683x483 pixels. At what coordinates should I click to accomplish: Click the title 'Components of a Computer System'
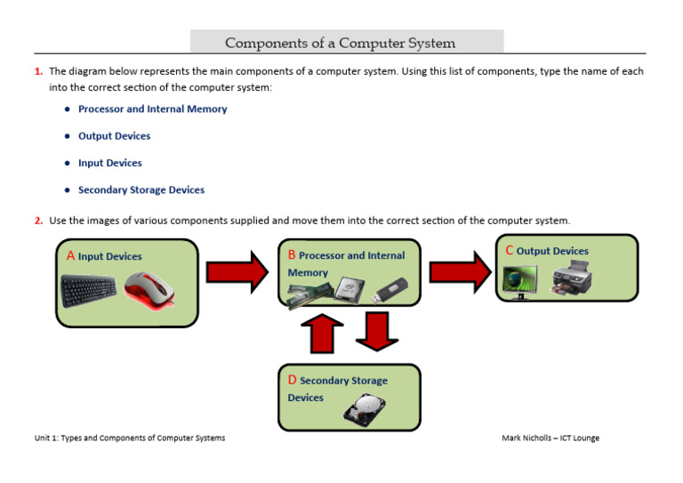coord(341,43)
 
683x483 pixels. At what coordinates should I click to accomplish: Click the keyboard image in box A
coord(88,290)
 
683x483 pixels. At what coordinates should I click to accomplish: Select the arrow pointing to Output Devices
coord(458,271)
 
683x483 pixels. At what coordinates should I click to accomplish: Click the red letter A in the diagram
coord(70,255)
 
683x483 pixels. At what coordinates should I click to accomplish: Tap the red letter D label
coord(292,380)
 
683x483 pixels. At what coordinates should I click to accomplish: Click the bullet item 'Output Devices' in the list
coord(114,136)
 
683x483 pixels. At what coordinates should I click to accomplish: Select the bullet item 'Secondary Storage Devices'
coord(141,189)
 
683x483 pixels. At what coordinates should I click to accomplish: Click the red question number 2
coord(38,221)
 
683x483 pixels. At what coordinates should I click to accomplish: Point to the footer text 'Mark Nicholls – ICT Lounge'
coord(550,438)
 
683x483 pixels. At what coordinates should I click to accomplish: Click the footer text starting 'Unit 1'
coord(130,438)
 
